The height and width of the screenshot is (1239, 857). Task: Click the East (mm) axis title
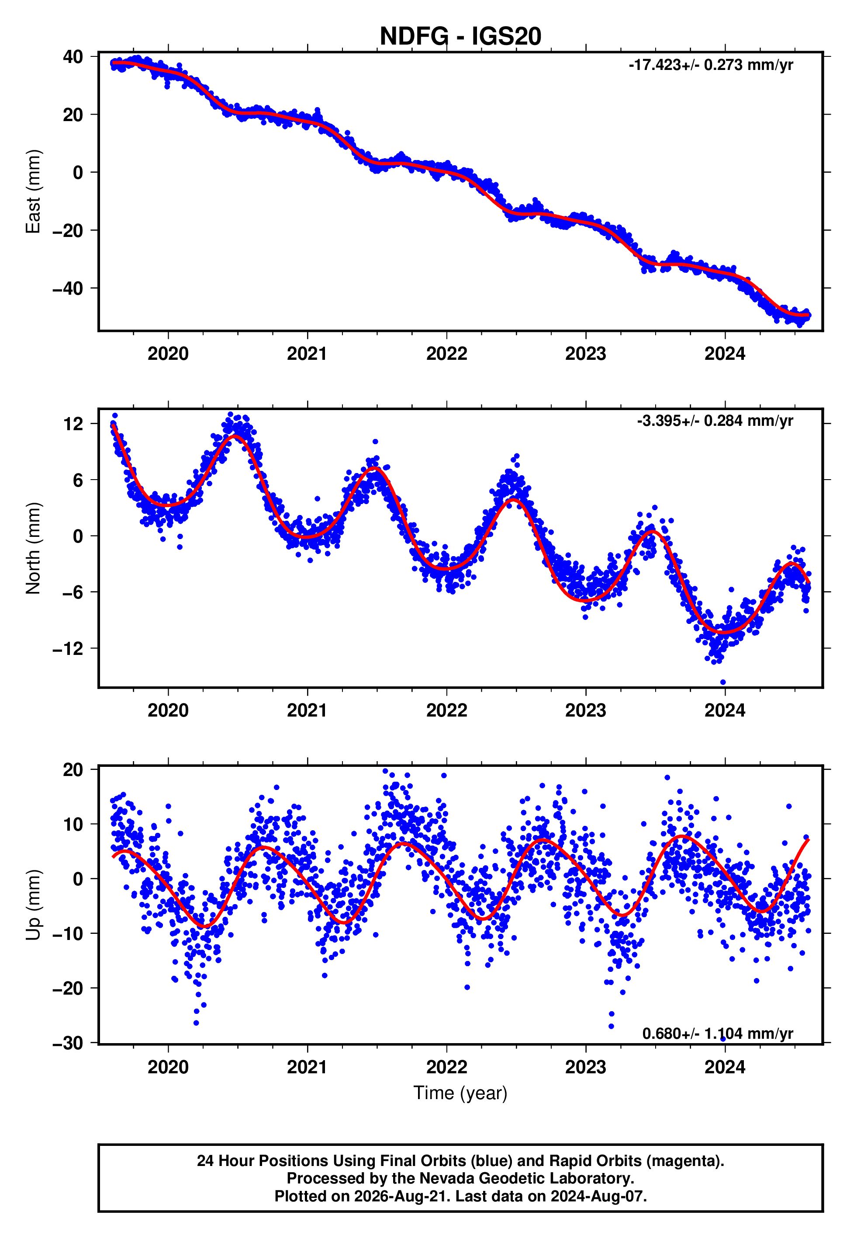[33, 191]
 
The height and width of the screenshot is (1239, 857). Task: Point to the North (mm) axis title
[33, 548]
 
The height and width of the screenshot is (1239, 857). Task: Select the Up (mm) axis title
[33, 905]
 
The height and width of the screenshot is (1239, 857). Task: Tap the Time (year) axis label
[460, 1093]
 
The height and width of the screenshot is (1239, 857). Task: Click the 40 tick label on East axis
[73, 56]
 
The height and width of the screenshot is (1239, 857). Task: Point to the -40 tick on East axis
[68, 289]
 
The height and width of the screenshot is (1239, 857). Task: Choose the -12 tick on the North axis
[68, 648]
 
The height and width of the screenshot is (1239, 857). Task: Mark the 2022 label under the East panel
[447, 354]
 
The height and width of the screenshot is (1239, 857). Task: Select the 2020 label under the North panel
[168, 711]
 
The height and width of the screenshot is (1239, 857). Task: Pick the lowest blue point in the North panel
[723, 682]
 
